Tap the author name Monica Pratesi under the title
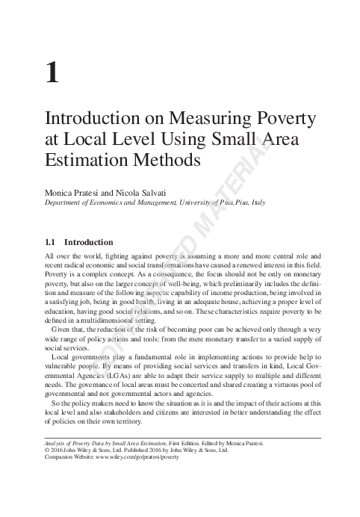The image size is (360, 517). [x=72, y=192]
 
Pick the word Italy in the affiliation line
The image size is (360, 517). [x=255, y=202]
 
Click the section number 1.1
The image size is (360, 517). [x=52, y=242]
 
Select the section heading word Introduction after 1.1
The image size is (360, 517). [x=88, y=242]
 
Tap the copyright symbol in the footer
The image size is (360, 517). [x=49, y=451]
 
